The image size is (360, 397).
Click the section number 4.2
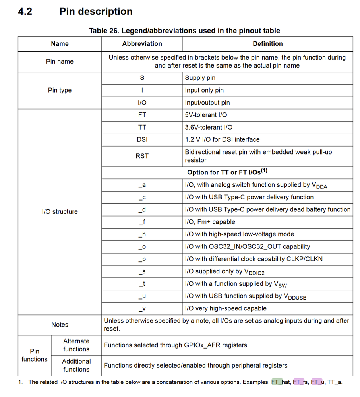[x=25, y=12]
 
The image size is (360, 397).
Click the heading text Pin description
[x=96, y=12]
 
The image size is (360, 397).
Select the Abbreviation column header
[x=142, y=44]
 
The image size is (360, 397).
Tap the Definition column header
[x=267, y=44]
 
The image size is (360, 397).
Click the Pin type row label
[x=60, y=90]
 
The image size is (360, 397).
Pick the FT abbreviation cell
[x=142, y=115]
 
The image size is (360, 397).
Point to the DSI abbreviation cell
[x=142, y=139]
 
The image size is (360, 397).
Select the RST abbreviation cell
[x=142, y=156]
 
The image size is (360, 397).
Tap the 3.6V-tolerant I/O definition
[x=209, y=127]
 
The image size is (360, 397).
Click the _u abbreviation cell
[x=142, y=296]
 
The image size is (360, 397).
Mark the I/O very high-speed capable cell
[x=226, y=308]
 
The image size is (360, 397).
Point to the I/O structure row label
[x=60, y=212]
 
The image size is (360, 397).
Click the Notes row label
[x=60, y=325]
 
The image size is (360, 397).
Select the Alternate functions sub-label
[x=76, y=345]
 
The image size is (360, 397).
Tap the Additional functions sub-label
[x=76, y=365]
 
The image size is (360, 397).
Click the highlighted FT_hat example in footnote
[x=281, y=382]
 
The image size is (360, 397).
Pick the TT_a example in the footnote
[x=335, y=382]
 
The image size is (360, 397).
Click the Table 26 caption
[x=184, y=31]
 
